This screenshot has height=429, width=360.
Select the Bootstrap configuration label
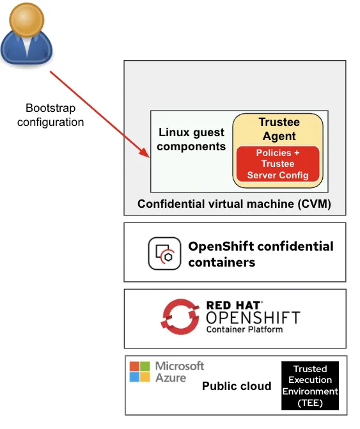51,115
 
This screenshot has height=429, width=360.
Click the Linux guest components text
191,139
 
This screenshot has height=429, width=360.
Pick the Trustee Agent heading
279,129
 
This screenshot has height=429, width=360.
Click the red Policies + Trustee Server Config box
278,164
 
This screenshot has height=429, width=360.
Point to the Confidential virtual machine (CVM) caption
234,205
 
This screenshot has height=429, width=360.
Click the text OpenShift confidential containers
260,254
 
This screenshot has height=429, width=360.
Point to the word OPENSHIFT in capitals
253,318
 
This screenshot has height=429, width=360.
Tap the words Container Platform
244,330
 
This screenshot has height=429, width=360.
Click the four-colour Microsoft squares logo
140,371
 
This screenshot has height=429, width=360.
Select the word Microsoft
180,366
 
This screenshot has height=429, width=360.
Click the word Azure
171,377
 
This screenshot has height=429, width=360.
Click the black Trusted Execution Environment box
310,386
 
